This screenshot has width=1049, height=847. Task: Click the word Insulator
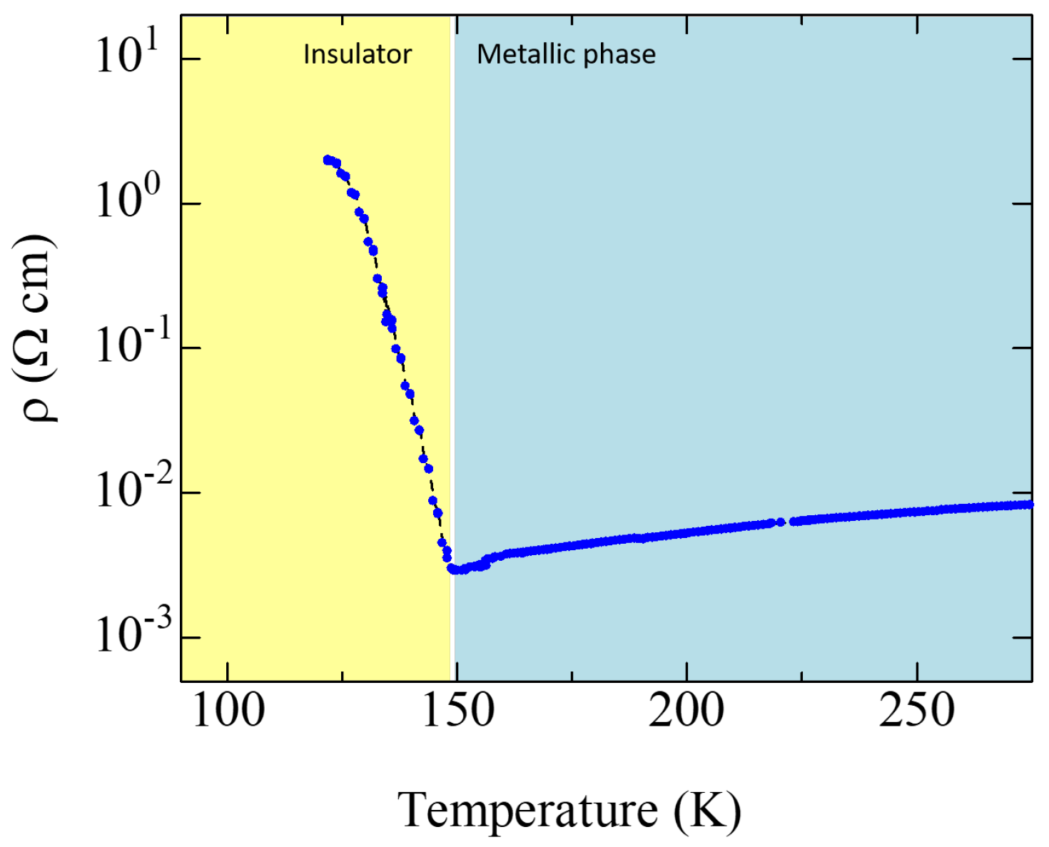(358, 54)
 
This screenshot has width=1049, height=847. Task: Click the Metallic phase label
(566, 54)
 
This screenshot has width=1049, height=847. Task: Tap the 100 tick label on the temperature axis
(228, 711)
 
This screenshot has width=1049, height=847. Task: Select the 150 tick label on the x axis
(457, 711)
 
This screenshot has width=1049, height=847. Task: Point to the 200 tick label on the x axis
(686, 711)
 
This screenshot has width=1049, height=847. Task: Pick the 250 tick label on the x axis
(916, 711)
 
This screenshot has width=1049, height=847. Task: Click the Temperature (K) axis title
(569, 811)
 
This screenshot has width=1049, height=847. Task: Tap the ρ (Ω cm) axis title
(37, 328)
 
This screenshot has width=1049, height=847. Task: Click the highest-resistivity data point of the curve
(328, 160)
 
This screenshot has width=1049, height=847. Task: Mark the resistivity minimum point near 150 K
(454, 569)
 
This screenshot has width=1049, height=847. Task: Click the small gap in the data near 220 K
(787, 522)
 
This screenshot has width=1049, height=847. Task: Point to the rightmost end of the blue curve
(1029, 504)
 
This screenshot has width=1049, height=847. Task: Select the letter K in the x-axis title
(708, 811)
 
